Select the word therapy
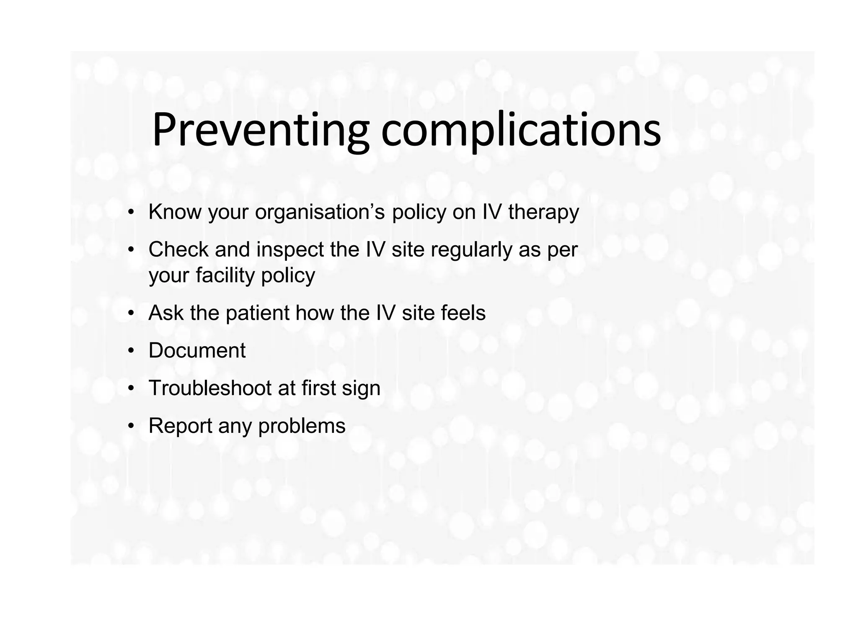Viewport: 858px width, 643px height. pos(543,212)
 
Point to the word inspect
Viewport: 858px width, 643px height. pos(290,250)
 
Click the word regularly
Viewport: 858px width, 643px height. pos(471,250)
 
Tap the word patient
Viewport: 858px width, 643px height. pos(257,313)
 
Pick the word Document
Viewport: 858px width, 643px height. pos(197,350)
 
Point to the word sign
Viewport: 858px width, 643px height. pos(361,388)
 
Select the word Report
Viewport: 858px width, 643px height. pos(180,426)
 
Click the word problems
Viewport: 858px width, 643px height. pos(302,426)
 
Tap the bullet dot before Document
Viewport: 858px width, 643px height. pos(132,351)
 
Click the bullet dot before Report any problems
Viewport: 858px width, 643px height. pos(132,427)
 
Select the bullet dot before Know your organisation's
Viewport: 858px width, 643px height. pos(132,212)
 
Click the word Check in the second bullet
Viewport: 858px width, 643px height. pos(178,250)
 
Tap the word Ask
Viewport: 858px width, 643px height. pos(166,313)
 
